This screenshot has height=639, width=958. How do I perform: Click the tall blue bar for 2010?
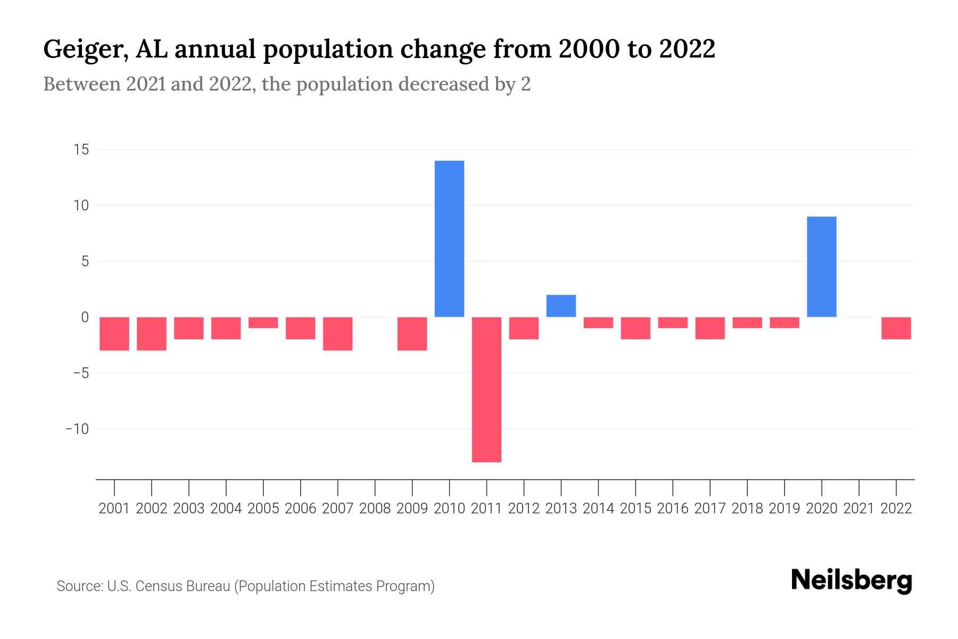pyautogui.click(x=449, y=239)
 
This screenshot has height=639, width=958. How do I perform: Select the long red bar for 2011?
pyautogui.click(x=486, y=389)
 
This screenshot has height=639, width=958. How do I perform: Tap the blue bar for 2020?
pyautogui.click(x=821, y=266)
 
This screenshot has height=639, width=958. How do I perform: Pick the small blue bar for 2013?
pyautogui.click(x=561, y=306)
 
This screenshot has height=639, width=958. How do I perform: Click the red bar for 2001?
pyautogui.click(x=114, y=333)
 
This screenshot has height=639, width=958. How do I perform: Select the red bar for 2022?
pyautogui.click(x=896, y=328)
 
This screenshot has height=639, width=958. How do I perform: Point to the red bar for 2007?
pyautogui.click(x=337, y=333)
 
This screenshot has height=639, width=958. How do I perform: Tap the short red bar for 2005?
pyautogui.click(x=263, y=323)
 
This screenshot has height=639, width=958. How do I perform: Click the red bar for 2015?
pyautogui.click(x=635, y=328)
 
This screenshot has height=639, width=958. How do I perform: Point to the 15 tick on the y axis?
pyautogui.click(x=81, y=150)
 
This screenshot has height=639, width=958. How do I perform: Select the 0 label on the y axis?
pyautogui.click(x=85, y=317)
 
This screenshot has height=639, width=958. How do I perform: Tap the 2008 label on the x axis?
pyautogui.click(x=375, y=509)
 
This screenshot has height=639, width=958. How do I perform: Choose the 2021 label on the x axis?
pyautogui.click(x=858, y=509)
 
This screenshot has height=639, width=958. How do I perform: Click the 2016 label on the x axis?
pyautogui.click(x=673, y=509)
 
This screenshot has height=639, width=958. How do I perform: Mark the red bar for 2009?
pyautogui.click(x=412, y=333)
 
